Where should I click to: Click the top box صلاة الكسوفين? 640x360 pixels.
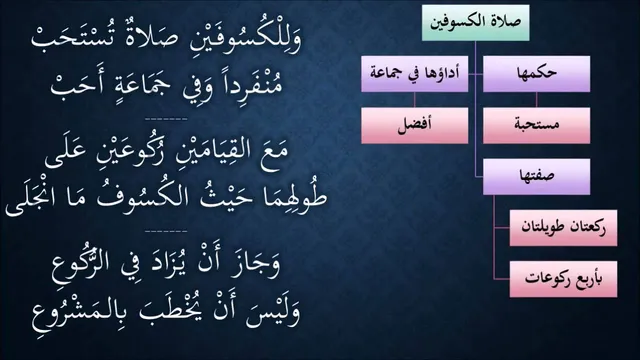(476, 23)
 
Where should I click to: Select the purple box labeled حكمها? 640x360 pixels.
(536, 74)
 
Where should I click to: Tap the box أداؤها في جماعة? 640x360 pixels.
(415, 74)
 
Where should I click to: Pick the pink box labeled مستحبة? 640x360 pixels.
(536, 126)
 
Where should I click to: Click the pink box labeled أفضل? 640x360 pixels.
(415, 126)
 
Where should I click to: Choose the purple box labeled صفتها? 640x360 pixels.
(536, 177)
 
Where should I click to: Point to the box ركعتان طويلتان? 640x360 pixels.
(563, 228)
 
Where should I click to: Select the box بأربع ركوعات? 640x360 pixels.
(563, 280)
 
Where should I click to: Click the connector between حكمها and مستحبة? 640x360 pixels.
(536, 100)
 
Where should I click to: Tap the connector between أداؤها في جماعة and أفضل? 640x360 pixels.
(415, 100)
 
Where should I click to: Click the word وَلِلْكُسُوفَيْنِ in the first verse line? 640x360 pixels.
(242, 40)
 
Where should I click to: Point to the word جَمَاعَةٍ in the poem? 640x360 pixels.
(135, 85)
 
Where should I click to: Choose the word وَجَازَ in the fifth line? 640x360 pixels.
(257, 264)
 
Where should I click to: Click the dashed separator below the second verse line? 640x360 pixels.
(166, 119)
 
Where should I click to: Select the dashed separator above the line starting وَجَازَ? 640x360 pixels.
(166, 231)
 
